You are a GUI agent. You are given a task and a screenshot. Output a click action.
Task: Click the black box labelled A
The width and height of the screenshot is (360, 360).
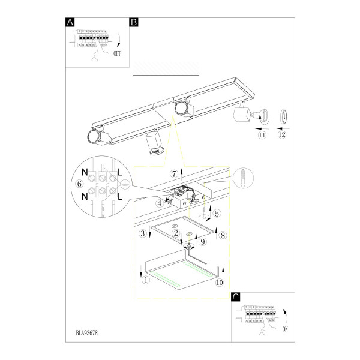click(70, 22)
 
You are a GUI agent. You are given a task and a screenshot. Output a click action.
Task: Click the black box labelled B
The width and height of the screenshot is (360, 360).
click(134, 22)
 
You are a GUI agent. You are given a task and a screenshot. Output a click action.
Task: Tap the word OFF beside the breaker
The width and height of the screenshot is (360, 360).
click(118, 53)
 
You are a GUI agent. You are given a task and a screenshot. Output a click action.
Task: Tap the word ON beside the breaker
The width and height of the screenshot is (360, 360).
click(285, 329)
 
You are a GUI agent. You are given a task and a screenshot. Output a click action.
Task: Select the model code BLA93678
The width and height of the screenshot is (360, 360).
click(87, 333)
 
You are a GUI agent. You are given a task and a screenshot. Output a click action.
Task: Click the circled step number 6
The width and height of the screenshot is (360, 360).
click(79, 184)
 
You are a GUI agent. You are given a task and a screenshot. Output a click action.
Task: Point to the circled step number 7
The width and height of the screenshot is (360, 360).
click(174, 174)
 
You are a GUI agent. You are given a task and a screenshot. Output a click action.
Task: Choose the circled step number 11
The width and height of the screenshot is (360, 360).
click(262, 135)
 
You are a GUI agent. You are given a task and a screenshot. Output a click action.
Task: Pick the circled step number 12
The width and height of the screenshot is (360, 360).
click(282, 134)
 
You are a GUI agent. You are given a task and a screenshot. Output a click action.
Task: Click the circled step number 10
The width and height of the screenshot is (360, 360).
click(219, 283)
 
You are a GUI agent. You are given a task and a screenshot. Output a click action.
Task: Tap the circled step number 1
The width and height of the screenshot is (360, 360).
click(146, 280)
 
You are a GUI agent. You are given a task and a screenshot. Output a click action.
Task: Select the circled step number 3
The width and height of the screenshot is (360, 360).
click(143, 234)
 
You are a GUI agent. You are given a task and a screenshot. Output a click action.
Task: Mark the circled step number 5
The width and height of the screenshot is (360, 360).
click(217, 214)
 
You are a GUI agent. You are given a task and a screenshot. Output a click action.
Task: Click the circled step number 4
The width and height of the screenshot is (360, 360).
click(160, 203)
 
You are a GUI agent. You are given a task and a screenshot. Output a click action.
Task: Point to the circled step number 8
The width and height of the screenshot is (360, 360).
click(223, 235)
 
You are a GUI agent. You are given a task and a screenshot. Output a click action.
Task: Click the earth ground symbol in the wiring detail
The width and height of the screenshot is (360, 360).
click(124, 184)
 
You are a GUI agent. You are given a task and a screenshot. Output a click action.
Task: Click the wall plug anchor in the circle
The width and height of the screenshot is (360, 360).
click(243, 178)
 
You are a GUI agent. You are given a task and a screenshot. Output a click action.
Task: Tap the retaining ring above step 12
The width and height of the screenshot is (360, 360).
click(284, 116)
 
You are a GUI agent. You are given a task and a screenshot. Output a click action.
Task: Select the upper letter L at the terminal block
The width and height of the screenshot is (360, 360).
click(120, 172)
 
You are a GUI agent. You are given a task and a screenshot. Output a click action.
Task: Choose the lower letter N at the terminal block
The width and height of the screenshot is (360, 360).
click(85, 196)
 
